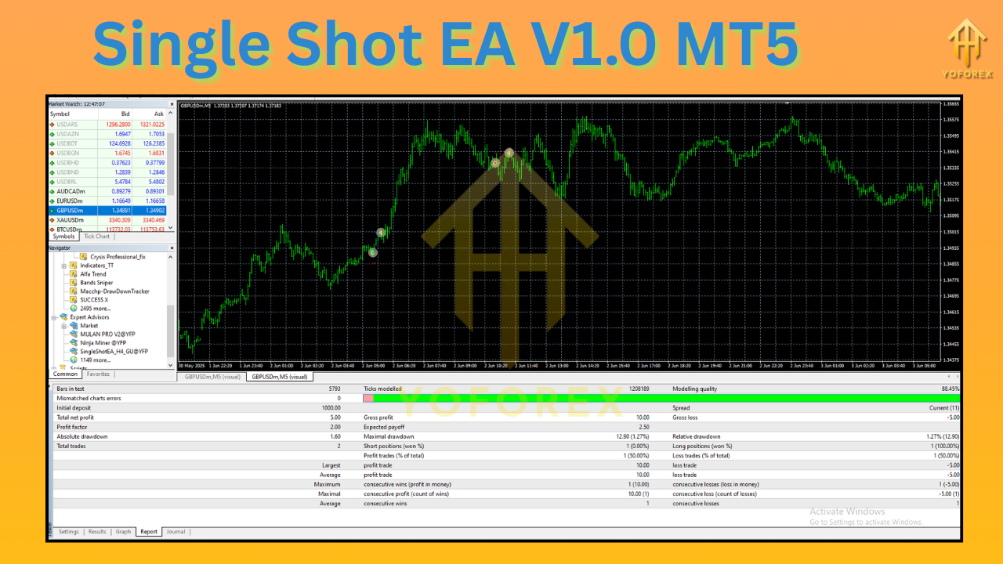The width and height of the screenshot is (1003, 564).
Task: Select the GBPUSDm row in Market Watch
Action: pyautogui.click(x=71, y=210)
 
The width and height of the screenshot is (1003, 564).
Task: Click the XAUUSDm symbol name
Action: pyautogui.click(x=71, y=220)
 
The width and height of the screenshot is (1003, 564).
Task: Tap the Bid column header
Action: pyautogui.click(x=125, y=114)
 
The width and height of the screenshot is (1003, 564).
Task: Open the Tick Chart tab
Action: pyautogui.click(x=97, y=237)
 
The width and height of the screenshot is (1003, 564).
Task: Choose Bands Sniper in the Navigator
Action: pyautogui.click(x=96, y=283)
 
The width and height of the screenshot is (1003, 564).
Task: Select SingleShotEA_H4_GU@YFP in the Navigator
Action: pyautogui.click(x=114, y=352)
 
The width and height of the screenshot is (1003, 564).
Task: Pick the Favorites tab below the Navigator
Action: pyautogui.click(x=99, y=374)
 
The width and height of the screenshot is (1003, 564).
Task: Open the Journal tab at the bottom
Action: pyautogui.click(x=176, y=532)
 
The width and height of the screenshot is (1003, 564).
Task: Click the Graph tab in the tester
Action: pyautogui.click(x=123, y=532)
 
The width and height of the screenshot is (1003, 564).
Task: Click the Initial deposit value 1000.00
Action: pyautogui.click(x=329, y=408)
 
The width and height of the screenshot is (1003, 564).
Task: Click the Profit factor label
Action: pyautogui.click(x=72, y=427)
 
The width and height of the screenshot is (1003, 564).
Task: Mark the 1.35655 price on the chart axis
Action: pyautogui.click(x=951, y=103)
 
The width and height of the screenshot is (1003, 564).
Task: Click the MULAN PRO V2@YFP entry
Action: pyautogui.click(x=107, y=334)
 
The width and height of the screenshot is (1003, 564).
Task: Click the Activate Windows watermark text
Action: pyautogui.click(x=847, y=512)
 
